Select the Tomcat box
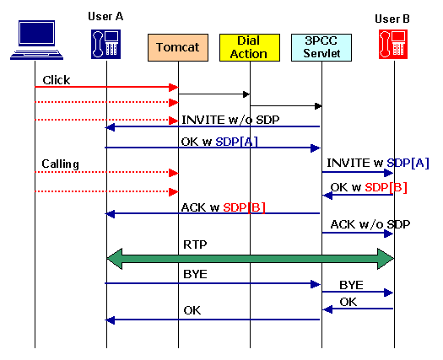(x=178, y=47)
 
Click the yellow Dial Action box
(x=249, y=47)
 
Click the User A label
(x=106, y=17)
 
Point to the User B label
(x=393, y=19)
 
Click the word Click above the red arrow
(x=56, y=80)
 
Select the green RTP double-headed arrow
(x=250, y=260)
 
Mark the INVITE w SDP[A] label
(x=378, y=162)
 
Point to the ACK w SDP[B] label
(x=223, y=207)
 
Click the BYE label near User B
(x=352, y=285)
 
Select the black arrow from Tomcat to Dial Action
(x=214, y=94)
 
